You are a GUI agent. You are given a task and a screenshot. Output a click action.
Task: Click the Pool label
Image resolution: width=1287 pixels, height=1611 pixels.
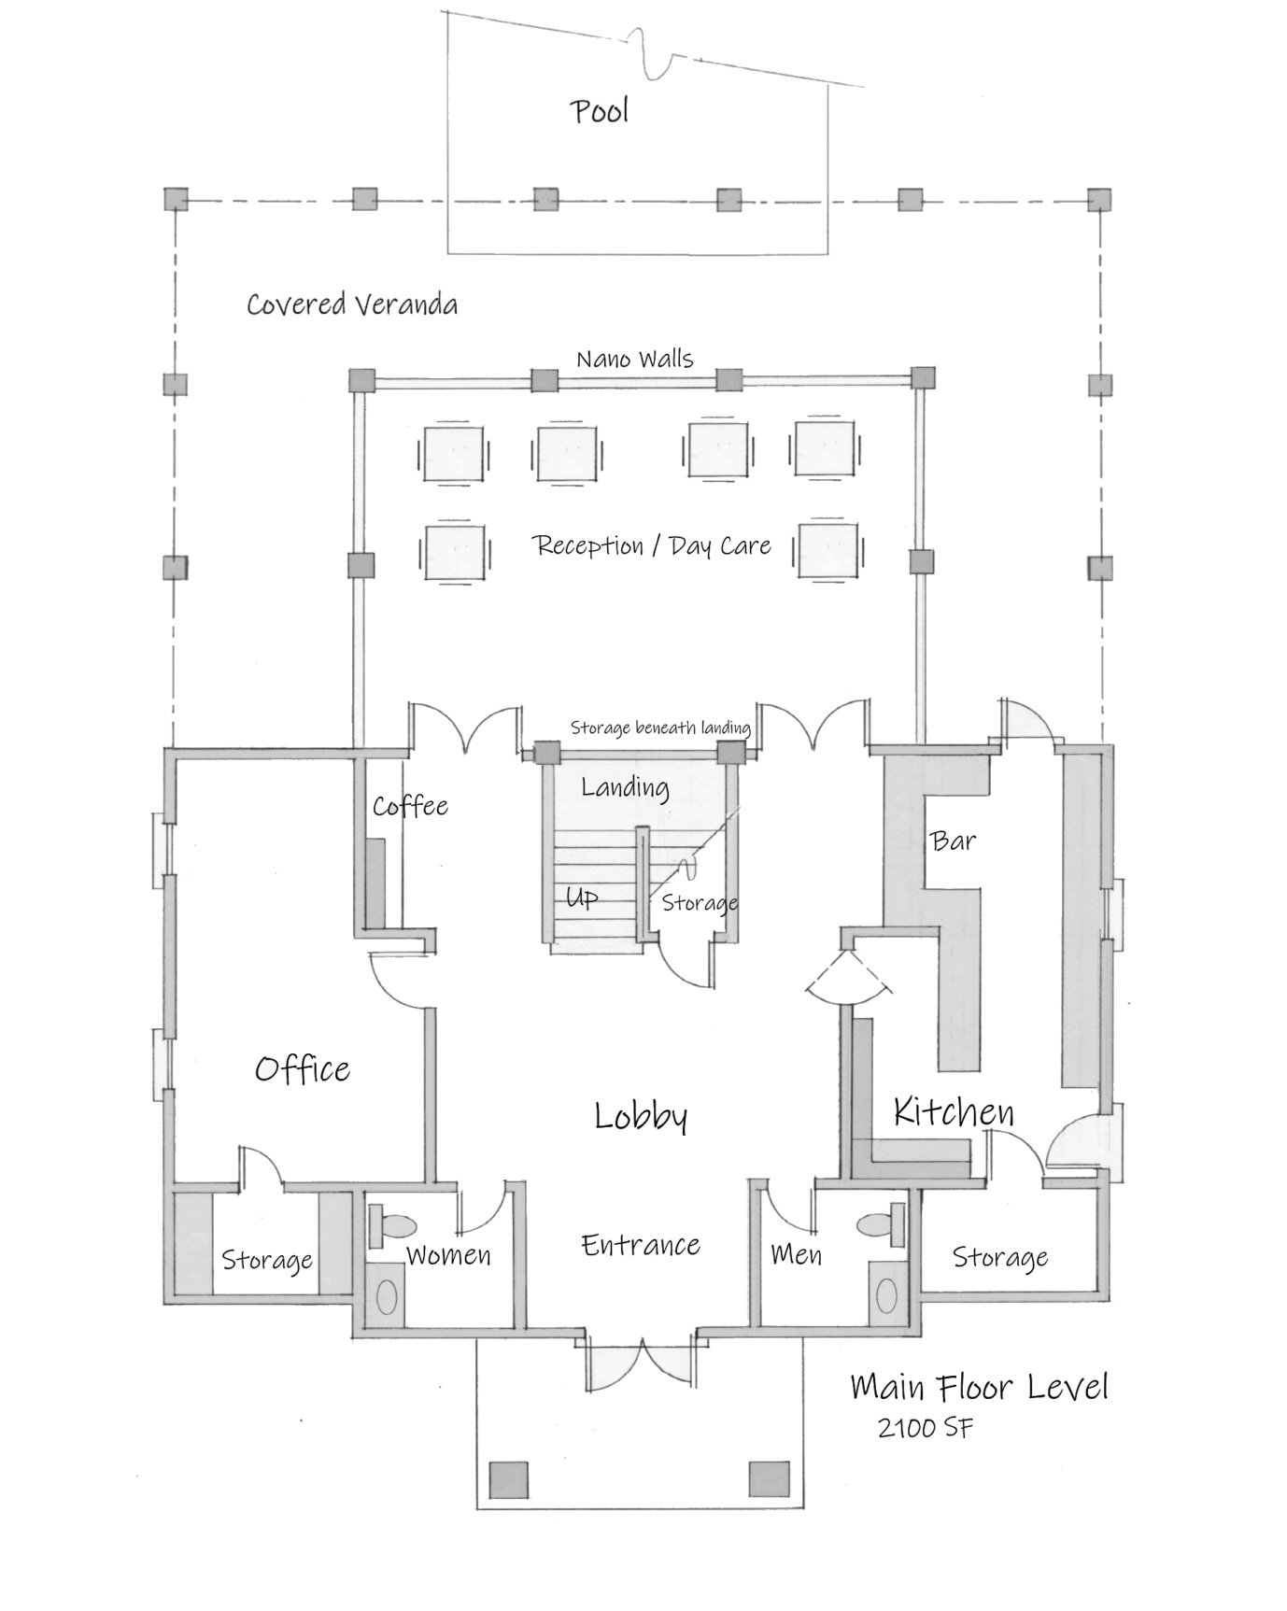tap(600, 111)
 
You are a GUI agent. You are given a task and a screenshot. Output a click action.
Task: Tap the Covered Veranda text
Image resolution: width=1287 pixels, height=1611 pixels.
tap(352, 304)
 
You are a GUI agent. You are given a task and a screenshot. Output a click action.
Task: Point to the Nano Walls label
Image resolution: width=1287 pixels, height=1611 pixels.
tap(635, 359)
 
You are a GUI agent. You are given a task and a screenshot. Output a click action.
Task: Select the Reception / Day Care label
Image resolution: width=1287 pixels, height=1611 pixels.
tap(652, 545)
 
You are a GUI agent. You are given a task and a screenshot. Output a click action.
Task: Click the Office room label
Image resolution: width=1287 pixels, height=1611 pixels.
tap(303, 1068)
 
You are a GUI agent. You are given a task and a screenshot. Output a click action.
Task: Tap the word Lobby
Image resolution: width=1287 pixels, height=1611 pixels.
tap(641, 1116)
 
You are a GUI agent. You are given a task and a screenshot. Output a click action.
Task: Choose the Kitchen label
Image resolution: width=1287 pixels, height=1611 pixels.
tap(954, 1111)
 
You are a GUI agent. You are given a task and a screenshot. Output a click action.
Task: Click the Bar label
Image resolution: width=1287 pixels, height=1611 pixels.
tap(954, 841)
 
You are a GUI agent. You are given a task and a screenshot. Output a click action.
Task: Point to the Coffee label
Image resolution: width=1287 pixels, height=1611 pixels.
tap(410, 805)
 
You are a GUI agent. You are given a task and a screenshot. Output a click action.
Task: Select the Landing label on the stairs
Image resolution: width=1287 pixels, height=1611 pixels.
tap(625, 788)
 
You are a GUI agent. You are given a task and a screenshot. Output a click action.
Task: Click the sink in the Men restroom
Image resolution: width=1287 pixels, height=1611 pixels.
tap(887, 1295)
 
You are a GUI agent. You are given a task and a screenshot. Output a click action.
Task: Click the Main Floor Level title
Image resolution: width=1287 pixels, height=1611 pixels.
tap(980, 1387)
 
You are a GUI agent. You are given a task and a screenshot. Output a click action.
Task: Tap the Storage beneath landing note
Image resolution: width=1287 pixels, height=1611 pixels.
tap(660, 728)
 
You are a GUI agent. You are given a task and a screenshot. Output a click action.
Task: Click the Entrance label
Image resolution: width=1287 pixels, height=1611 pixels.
tap(641, 1245)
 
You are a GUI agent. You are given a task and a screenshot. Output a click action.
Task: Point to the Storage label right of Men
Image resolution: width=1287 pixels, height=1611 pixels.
tap(1000, 1258)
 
